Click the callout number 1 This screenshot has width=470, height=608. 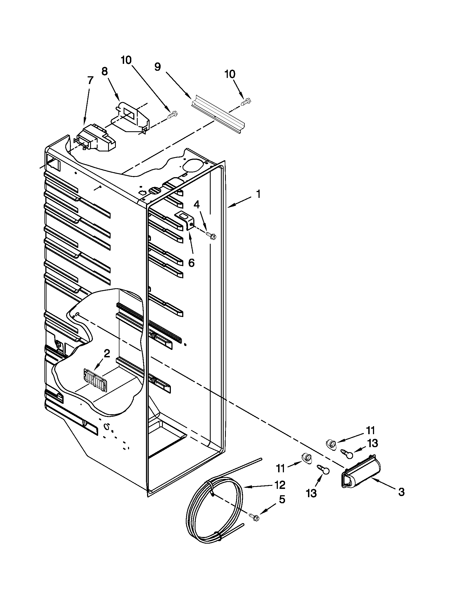(258, 194)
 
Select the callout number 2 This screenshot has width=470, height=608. (107, 353)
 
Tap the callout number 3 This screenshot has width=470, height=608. (401, 492)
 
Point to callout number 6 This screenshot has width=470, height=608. (191, 263)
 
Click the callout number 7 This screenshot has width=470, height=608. (90, 81)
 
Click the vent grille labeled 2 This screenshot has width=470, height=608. (95, 379)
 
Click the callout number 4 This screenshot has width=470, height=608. (197, 205)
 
